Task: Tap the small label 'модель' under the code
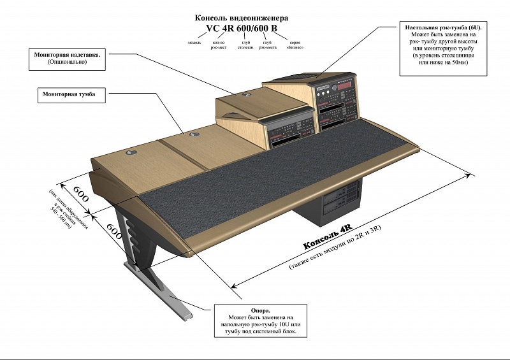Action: tap(195, 43)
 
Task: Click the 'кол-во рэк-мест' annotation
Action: tap(218, 45)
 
